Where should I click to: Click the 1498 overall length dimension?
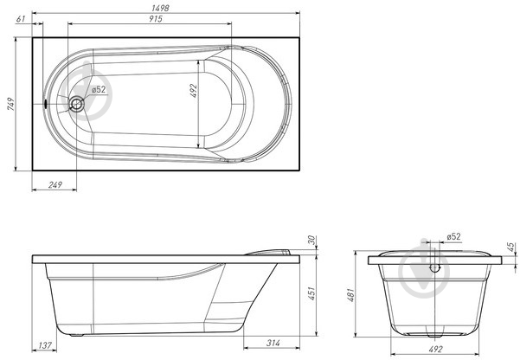[160, 8]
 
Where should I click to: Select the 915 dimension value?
[155, 19]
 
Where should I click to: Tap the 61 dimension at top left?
[21, 19]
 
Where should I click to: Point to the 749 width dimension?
[11, 104]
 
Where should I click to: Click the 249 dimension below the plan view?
[55, 185]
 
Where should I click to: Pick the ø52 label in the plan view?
[99, 90]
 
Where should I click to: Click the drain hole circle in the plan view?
[77, 104]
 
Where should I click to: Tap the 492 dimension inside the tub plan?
[194, 91]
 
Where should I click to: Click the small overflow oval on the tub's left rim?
[45, 104]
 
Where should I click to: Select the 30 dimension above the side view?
[311, 240]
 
